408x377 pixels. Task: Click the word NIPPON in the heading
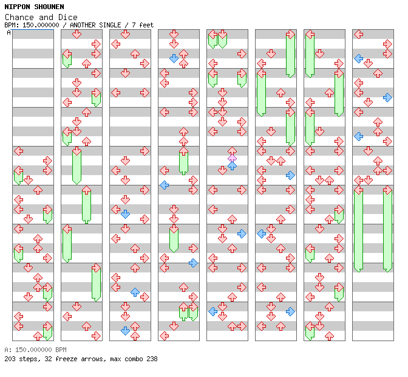pyautogui.click(x=18, y=7)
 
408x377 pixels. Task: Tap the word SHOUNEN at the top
pyautogui.click(x=49, y=7)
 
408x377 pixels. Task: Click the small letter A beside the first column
pyautogui.click(x=9, y=32)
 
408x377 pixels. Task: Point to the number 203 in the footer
pyautogui.click(x=10, y=359)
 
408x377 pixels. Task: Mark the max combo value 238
pyautogui.click(x=151, y=359)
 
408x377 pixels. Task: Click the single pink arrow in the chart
pyautogui.click(x=232, y=158)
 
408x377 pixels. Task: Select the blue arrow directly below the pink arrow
pyautogui.click(x=232, y=165)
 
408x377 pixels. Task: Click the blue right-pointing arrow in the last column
pyautogui.click(x=387, y=97)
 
